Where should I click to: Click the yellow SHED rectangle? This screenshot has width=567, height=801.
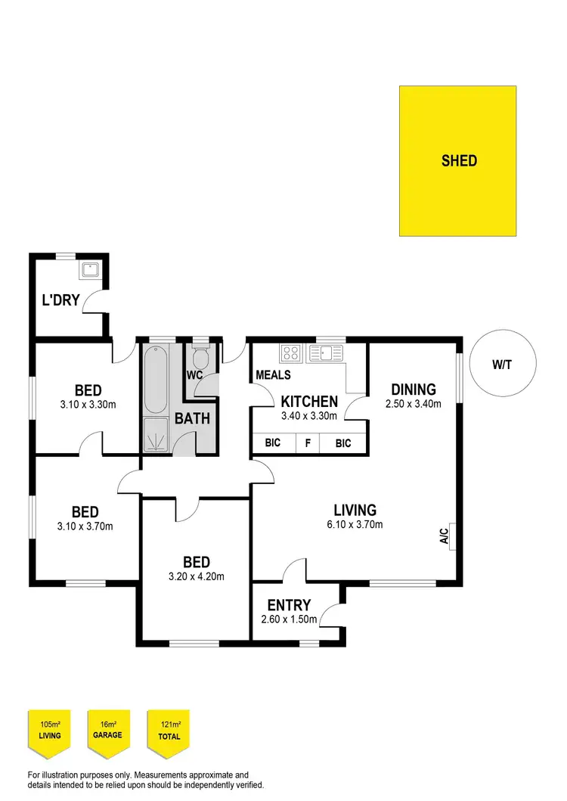pos(458,160)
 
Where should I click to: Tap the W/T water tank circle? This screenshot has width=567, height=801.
pos(500,364)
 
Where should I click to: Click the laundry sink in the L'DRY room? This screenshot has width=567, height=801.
pos(91,269)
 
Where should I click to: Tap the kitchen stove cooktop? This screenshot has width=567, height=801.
pos(290,352)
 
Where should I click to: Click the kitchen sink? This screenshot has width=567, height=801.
pos(325,352)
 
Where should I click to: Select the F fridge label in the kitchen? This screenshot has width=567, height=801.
pos(307,443)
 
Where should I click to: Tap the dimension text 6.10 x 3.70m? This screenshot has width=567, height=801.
pos(355,525)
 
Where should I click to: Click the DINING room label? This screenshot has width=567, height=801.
pos(414,390)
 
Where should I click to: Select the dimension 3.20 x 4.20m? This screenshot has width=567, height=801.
pos(197,576)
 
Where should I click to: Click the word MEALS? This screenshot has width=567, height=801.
pos(274,375)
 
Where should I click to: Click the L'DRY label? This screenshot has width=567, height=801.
pos(60,300)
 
